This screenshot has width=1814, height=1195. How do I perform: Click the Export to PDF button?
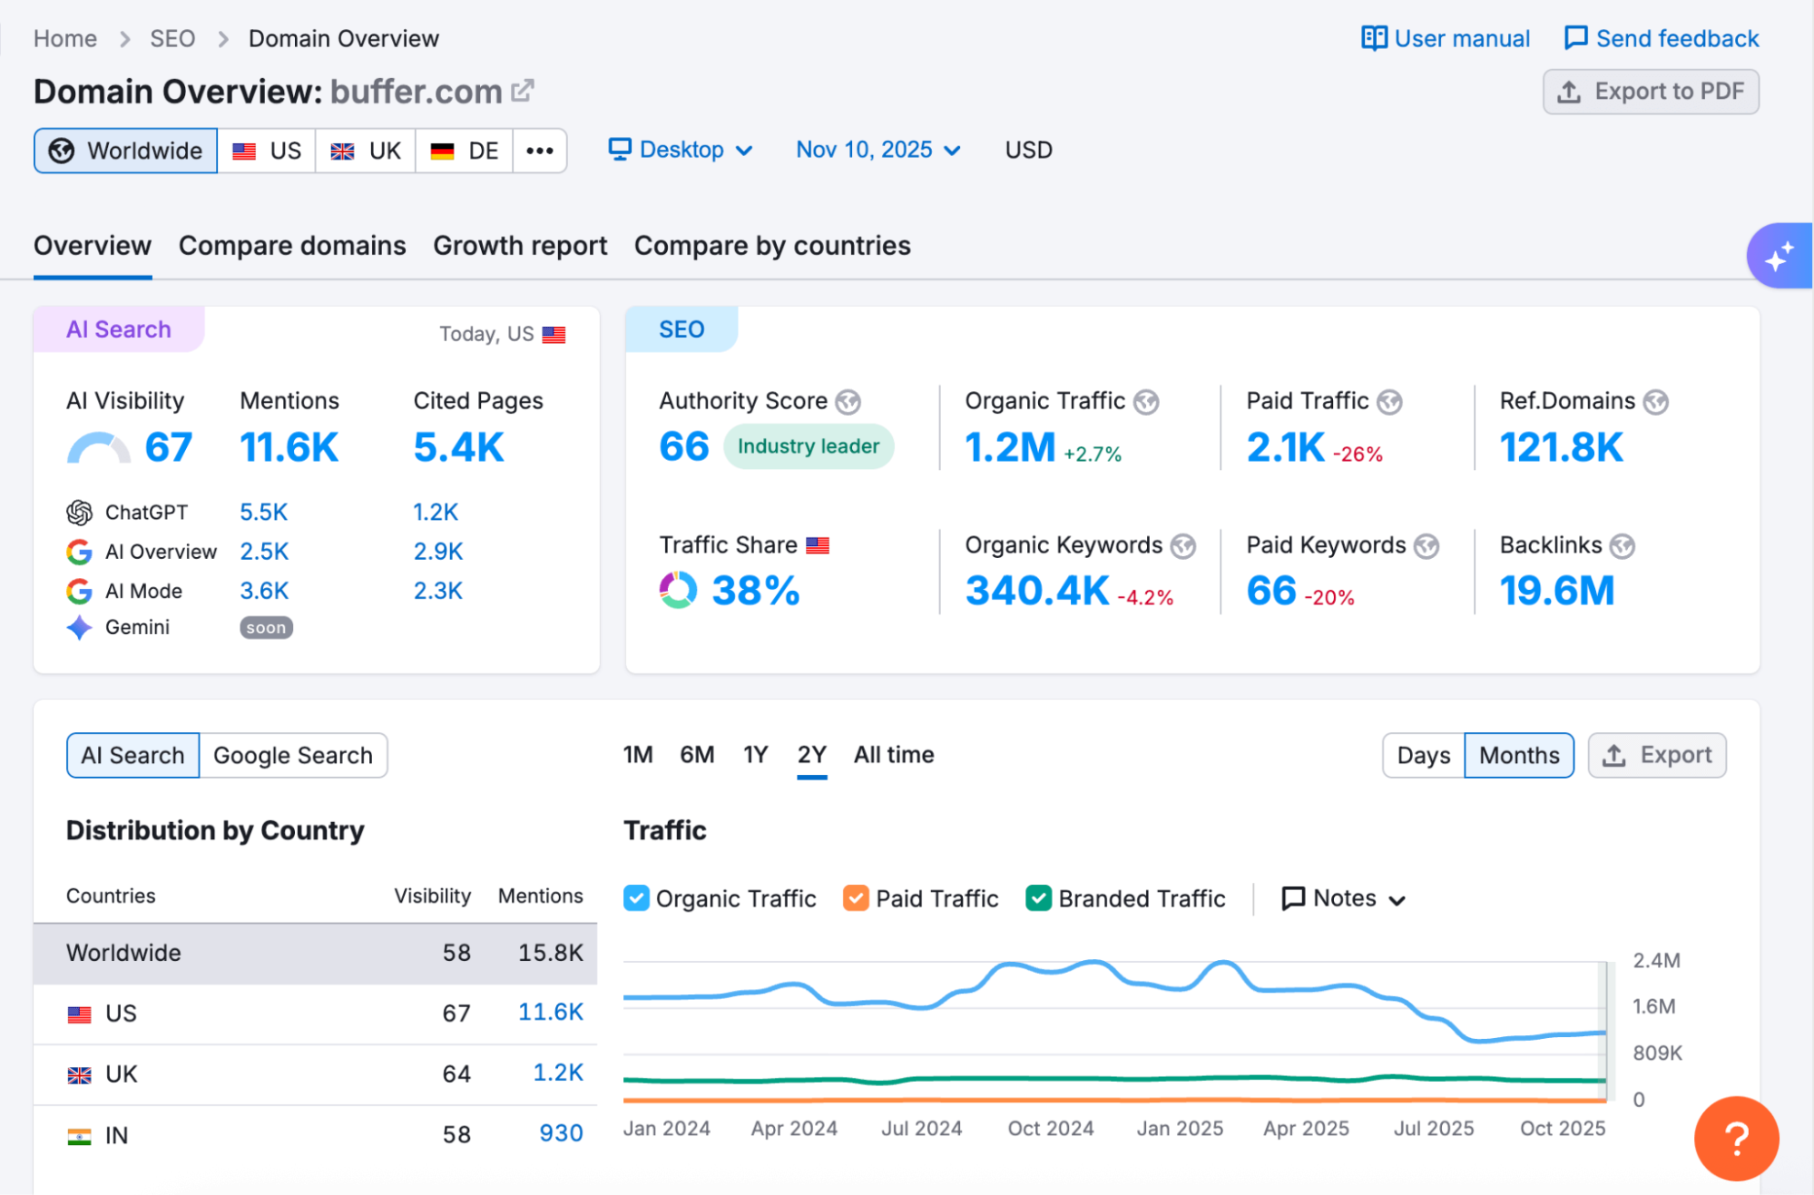[1651, 92]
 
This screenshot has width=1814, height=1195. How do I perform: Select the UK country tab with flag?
[366, 151]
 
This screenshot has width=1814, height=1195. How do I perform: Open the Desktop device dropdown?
[681, 150]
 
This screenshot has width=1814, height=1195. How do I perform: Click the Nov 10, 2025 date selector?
[878, 150]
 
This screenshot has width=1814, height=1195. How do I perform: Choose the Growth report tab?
[520, 246]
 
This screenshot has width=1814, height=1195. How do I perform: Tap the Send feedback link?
[1662, 39]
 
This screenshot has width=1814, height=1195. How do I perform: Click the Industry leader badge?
[808, 446]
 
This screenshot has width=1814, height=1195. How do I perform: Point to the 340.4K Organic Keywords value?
[1037, 591]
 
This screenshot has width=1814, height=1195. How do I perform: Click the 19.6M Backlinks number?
[1557, 591]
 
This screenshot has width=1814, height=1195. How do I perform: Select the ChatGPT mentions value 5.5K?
[263, 513]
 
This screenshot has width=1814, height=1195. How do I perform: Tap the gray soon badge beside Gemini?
[266, 628]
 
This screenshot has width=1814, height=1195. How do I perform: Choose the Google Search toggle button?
[293, 756]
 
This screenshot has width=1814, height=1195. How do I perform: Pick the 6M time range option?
[697, 755]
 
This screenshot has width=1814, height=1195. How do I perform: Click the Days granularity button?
[1423, 756]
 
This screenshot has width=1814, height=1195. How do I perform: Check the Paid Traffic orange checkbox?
[856, 898]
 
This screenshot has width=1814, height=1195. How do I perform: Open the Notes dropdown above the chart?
[1344, 898]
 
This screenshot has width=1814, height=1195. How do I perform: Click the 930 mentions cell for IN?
[561, 1133]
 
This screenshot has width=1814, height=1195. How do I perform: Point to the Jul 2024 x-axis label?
[921, 1129]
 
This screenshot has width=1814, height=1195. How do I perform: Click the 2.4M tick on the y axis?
[1656, 961]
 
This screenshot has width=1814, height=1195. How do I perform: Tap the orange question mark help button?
[1735, 1139]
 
